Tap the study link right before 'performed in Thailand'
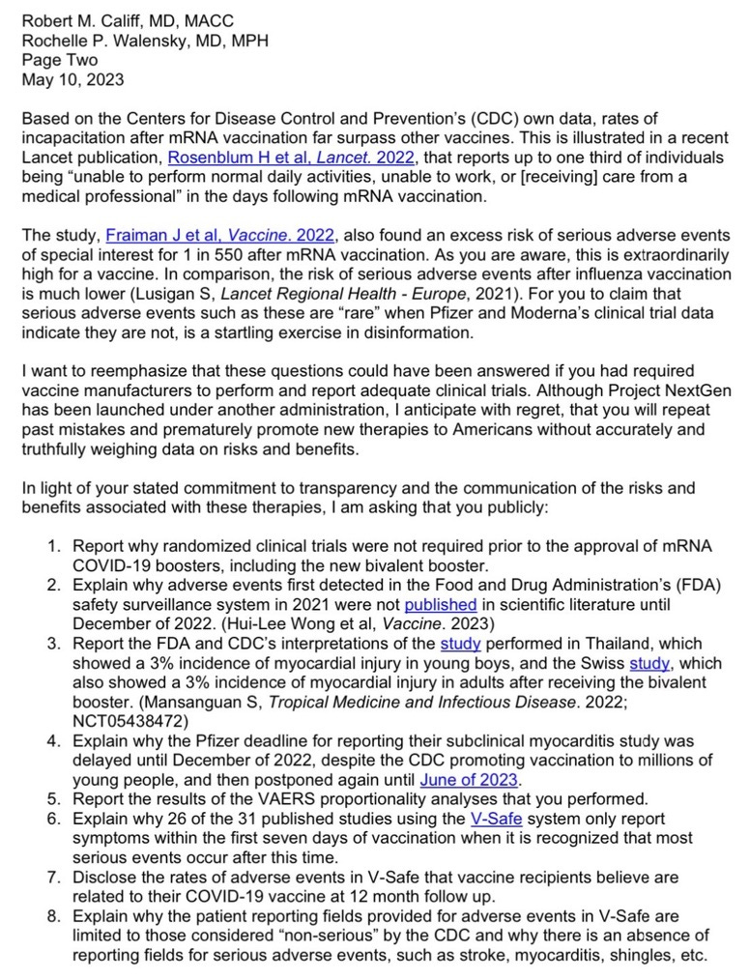point(459,643)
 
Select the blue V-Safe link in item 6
point(494,818)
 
